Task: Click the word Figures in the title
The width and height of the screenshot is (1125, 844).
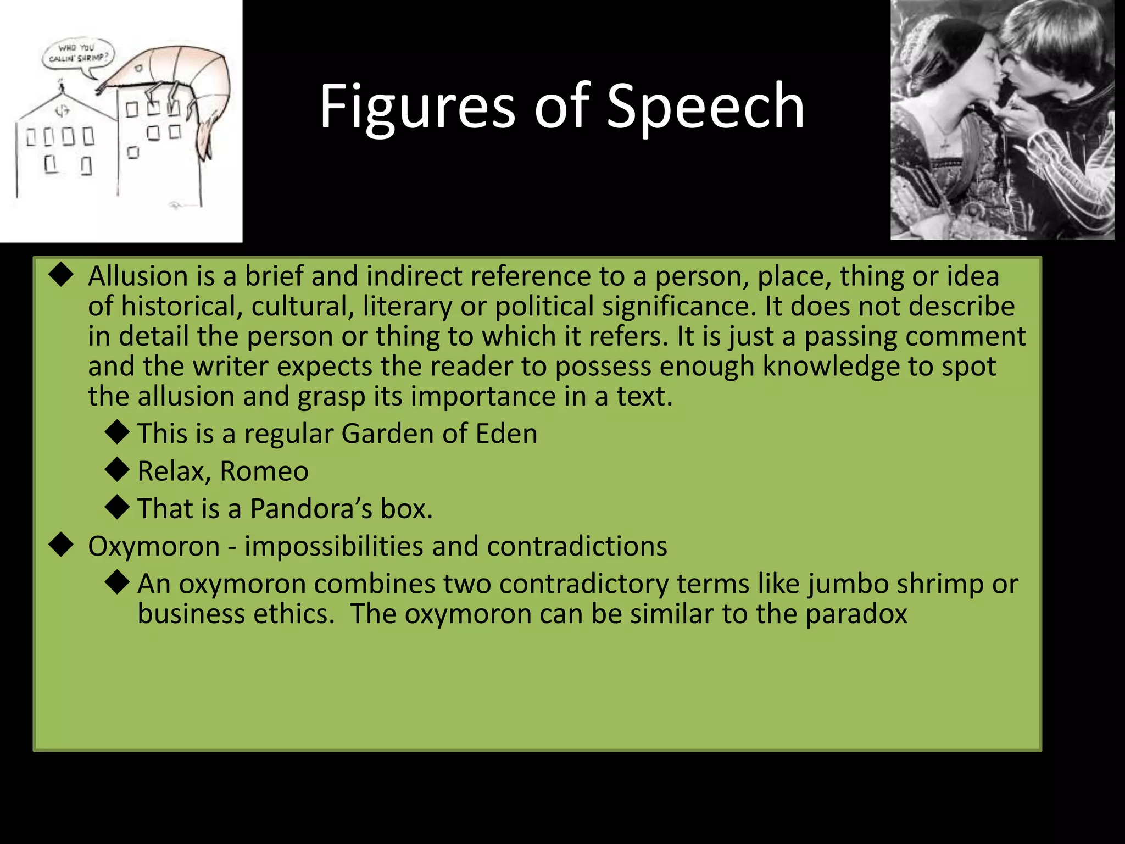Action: [x=417, y=107]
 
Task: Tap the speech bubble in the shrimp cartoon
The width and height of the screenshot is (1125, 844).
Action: [x=79, y=55]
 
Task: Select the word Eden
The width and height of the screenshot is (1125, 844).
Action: [x=506, y=434]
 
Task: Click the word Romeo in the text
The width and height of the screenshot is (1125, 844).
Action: [x=264, y=471]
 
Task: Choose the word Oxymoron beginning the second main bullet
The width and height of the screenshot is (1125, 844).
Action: [x=154, y=547]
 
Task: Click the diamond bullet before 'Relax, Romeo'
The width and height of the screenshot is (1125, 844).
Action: [x=117, y=470]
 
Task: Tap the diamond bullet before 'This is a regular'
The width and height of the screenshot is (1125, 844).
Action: [x=117, y=432]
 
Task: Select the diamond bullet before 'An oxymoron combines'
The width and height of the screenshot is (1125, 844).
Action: [x=117, y=583]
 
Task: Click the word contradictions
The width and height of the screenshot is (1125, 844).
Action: [x=577, y=547]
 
